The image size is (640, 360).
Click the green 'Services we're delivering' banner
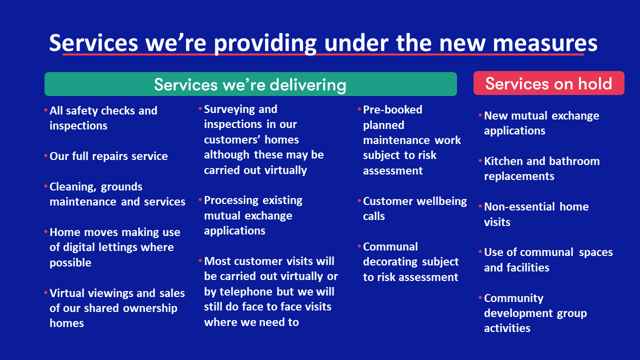[250, 84]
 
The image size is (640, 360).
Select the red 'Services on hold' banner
[548, 83]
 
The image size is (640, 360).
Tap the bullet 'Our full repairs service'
[108, 156]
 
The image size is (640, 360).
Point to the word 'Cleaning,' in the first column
[71, 187]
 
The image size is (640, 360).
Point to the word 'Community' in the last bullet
[513, 298]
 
